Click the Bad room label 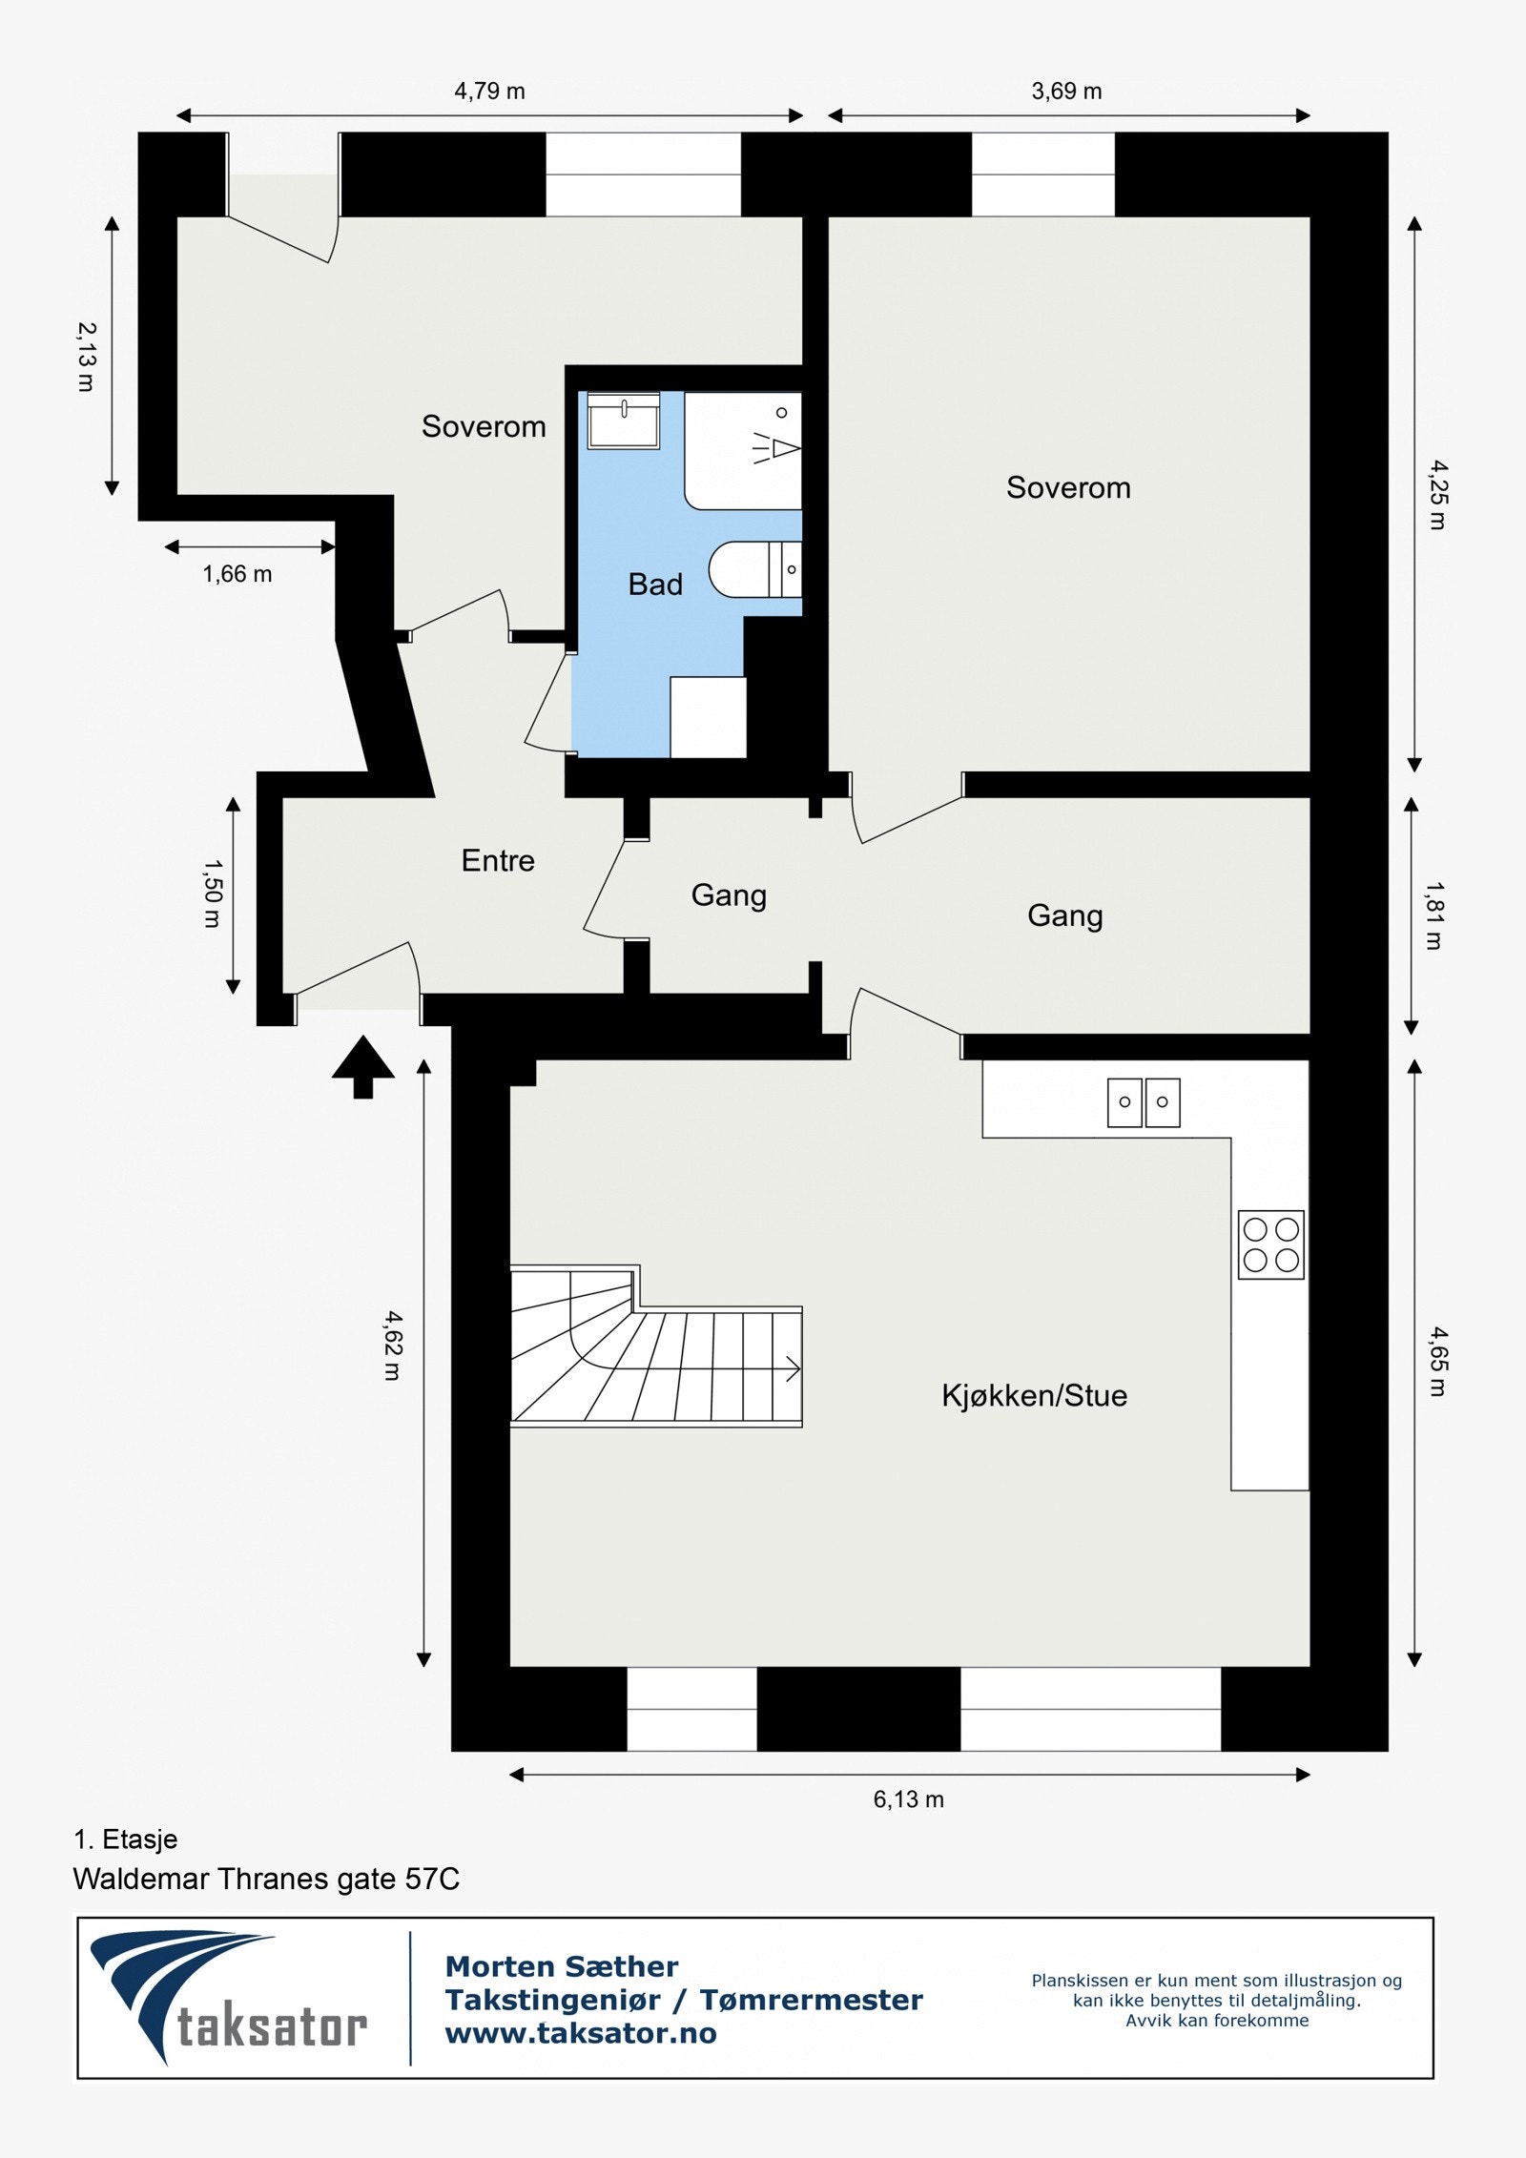pyautogui.click(x=655, y=584)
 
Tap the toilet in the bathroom pyautogui.click(x=753, y=570)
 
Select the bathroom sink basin pyautogui.click(x=624, y=421)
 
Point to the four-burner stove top pyautogui.click(x=1270, y=1244)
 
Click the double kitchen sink pyautogui.click(x=1144, y=1102)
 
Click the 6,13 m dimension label pyautogui.click(x=908, y=1799)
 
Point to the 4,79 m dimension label pyautogui.click(x=489, y=92)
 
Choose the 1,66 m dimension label pyautogui.click(x=237, y=574)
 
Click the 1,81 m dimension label pyautogui.click(x=1433, y=915)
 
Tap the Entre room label pyautogui.click(x=498, y=860)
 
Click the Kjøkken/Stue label pyautogui.click(x=1034, y=1395)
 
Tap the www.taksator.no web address pyautogui.click(x=581, y=2034)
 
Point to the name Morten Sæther pyautogui.click(x=562, y=1966)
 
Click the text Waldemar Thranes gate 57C pyautogui.click(x=266, y=1880)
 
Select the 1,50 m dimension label pyautogui.click(x=213, y=894)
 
